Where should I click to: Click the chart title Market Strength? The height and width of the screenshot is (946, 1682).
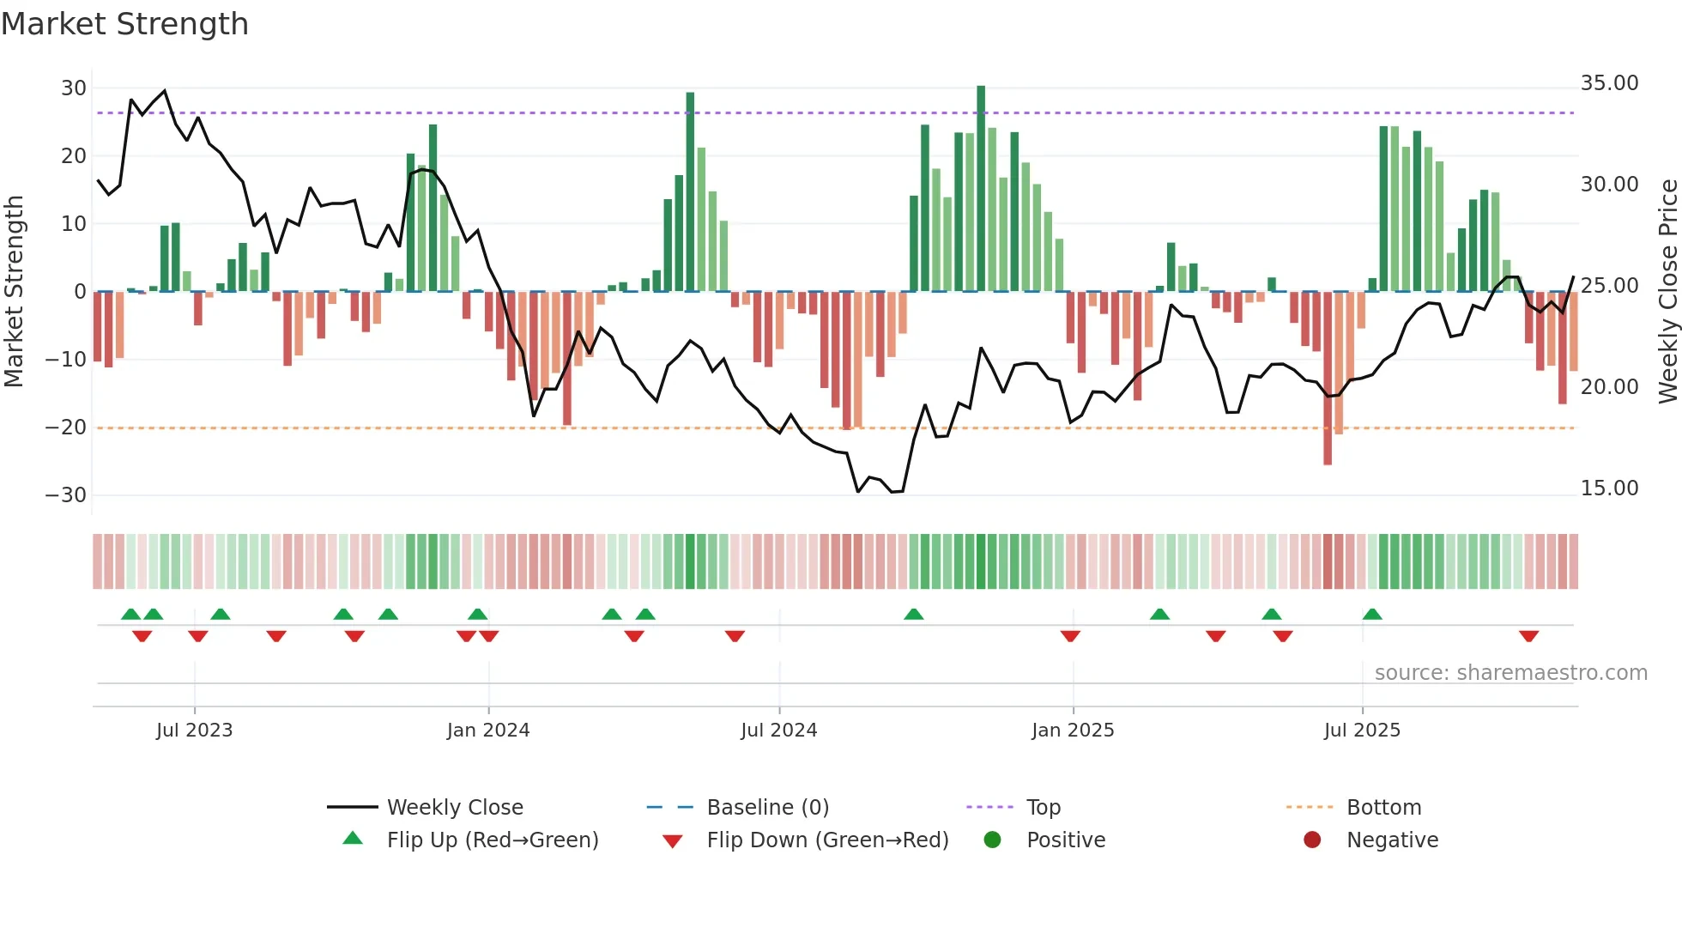click(x=124, y=24)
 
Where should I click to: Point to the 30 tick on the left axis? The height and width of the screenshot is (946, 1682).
click(x=73, y=88)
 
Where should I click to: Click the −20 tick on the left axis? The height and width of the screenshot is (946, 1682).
click(x=66, y=428)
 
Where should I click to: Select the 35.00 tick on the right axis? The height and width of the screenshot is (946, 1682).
click(x=1609, y=83)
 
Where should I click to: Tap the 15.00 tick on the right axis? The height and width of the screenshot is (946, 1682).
click(x=1609, y=488)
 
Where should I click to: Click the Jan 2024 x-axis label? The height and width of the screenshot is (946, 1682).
click(x=487, y=731)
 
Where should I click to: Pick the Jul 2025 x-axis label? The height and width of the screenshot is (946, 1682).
click(x=1361, y=731)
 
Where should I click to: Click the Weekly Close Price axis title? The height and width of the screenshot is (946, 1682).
click(x=1667, y=291)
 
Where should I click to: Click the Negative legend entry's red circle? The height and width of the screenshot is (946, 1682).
click(x=1312, y=840)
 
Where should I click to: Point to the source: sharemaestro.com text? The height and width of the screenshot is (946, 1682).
click(x=1510, y=673)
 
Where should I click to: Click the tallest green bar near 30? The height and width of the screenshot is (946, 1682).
click(x=981, y=189)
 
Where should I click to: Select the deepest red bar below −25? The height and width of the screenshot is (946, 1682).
click(x=1328, y=378)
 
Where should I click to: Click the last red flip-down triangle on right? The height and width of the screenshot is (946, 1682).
click(x=1528, y=636)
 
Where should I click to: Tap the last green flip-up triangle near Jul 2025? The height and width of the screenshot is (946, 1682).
click(x=1372, y=615)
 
